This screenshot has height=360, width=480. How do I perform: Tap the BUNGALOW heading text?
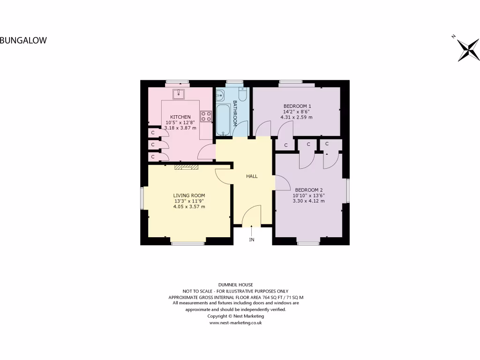23,40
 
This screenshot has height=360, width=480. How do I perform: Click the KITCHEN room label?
180,117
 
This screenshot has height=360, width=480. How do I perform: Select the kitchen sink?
179,94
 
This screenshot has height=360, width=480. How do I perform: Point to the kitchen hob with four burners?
206,116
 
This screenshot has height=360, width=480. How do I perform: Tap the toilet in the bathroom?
242,94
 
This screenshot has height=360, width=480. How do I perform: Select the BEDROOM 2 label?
309,190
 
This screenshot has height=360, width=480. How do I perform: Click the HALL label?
252,176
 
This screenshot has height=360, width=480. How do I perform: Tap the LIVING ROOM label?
189,195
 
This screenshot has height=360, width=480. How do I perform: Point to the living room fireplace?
187,166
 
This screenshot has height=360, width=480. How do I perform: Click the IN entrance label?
252,240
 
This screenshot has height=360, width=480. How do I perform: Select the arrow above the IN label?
252,230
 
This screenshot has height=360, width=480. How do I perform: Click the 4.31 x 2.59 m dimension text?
297,117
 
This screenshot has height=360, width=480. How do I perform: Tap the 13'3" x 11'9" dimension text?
189,201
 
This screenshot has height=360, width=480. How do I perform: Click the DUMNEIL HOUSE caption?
236,285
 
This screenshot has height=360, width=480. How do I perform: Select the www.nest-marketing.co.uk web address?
236,322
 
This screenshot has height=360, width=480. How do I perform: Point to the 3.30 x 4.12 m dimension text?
309,201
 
